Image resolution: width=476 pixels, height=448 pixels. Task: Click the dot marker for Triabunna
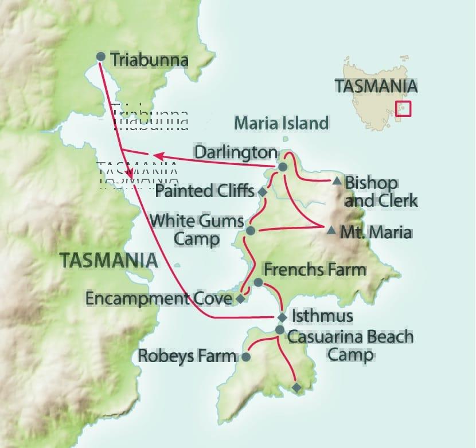click(x=100, y=57)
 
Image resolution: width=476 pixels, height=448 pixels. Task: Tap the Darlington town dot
click(x=282, y=167)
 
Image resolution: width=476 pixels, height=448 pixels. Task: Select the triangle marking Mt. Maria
click(x=331, y=230)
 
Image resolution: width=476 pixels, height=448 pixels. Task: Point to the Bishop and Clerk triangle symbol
click(x=337, y=182)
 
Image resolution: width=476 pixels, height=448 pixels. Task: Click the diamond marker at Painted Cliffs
click(x=262, y=192)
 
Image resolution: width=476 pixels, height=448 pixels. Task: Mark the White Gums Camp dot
click(x=250, y=231)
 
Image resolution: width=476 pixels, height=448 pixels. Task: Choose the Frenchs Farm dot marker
click(x=258, y=282)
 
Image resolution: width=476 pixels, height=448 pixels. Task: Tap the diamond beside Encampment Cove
click(x=240, y=298)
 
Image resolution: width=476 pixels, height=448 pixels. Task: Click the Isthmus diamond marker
click(x=282, y=317)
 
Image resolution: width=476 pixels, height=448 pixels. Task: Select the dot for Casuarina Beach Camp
click(x=279, y=330)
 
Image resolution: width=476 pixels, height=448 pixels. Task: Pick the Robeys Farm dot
click(x=245, y=357)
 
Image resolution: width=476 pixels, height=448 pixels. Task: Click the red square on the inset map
click(x=403, y=109)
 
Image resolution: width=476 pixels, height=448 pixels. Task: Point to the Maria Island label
click(x=282, y=123)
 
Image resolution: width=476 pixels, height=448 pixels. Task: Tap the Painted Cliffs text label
click(x=204, y=190)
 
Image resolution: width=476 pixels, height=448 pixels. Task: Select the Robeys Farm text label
click(x=187, y=356)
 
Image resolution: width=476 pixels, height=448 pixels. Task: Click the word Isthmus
click(x=314, y=316)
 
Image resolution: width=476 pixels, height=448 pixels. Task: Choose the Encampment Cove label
click(x=158, y=298)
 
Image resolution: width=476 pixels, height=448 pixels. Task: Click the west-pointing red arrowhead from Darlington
click(x=155, y=155)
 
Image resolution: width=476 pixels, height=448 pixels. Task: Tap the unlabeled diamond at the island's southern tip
click(x=296, y=388)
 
